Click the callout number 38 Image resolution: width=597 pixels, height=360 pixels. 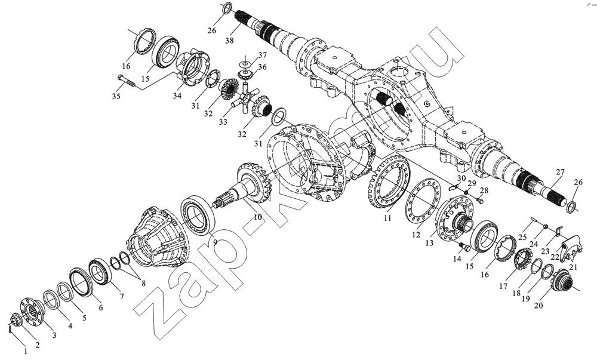(x=229, y=41)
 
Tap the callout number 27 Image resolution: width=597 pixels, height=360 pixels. (x=560, y=172)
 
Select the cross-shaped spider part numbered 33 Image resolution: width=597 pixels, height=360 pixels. (x=245, y=100)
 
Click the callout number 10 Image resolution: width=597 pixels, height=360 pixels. (x=258, y=217)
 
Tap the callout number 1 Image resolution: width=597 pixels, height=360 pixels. (x=26, y=351)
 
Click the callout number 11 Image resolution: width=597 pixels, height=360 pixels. (x=387, y=218)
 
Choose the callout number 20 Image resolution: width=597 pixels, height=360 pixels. (x=538, y=305)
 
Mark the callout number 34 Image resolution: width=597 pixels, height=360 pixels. (x=177, y=96)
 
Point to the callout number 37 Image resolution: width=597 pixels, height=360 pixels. (x=262, y=55)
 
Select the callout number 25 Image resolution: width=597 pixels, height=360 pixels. (x=522, y=237)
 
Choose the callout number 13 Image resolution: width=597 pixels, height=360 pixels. (x=429, y=243)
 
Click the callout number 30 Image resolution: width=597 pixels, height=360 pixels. (x=461, y=178)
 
